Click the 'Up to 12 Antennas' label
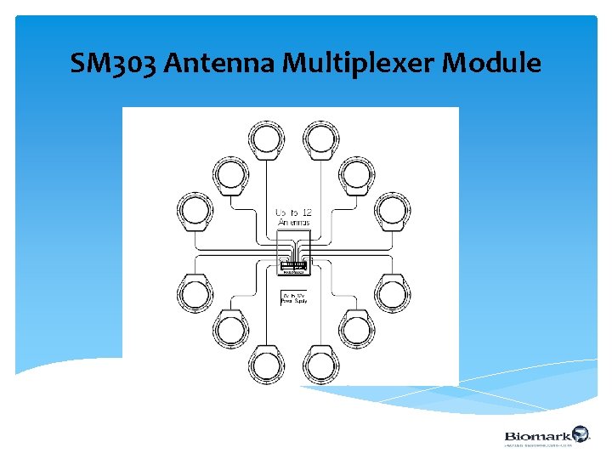click(293, 216)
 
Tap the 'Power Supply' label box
click(294, 298)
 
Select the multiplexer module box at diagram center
click(294, 269)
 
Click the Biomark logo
click(545, 436)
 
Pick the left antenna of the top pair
click(267, 139)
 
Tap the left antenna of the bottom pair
click(267, 364)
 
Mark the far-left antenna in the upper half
click(195, 211)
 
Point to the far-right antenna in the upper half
click(392, 211)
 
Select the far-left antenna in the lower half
click(195, 293)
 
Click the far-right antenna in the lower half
click(392, 293)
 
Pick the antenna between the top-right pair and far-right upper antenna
click(357, 174)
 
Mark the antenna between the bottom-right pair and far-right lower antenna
click(357, 329)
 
